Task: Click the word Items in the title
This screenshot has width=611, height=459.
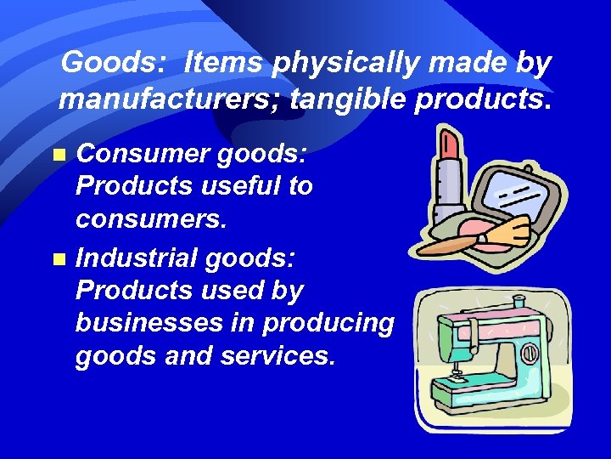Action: (x=219, y=63)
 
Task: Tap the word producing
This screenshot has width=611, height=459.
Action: (x=328, y=323)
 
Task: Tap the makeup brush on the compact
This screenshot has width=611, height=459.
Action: (x=475, y=239)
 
